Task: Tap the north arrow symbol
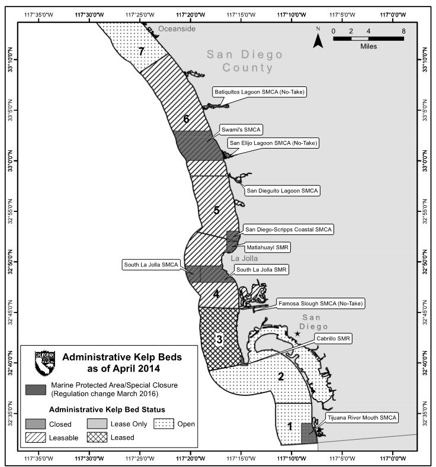point(318,38)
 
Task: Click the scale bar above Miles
point(368,38)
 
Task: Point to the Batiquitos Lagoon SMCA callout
point(261,92)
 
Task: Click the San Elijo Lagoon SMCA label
point(274,143)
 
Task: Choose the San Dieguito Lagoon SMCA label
point(282,191)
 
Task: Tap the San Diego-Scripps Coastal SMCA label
point(288,229)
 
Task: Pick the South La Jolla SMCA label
point(150,265)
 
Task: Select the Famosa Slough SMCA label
point(320,304)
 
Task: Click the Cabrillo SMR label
point(334,339)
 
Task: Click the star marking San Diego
point(298,334)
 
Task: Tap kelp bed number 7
point(141,51)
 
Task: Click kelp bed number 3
point(219,340)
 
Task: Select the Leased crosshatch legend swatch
point(98,437)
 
